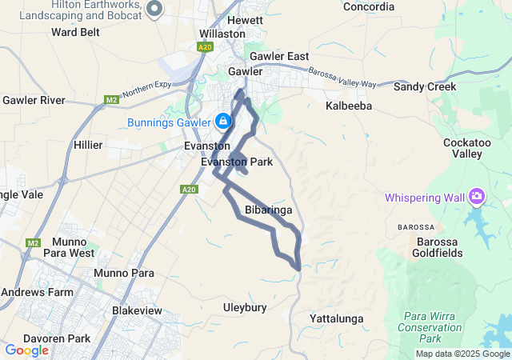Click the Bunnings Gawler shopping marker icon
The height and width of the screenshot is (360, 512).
tap(223, 122)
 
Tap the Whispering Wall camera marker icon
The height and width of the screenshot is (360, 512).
tap(478, 196)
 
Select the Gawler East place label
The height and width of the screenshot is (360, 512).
tap(278, 57)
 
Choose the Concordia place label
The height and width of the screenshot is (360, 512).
tap(369, 7)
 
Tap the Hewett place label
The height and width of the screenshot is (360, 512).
tap(245, 20)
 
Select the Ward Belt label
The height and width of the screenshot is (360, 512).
tap(74, 32)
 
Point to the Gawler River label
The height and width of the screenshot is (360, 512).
tap(34, 100)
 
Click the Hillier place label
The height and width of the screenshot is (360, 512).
tap(87, 145)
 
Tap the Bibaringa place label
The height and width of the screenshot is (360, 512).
tap(268, 210)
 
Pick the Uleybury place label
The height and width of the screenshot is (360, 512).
tap(245, 307)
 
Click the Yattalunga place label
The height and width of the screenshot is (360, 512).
tap(336, 319)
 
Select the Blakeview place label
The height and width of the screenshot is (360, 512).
tap(138, 310)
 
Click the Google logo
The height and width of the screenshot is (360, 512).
tap(27, 350)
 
